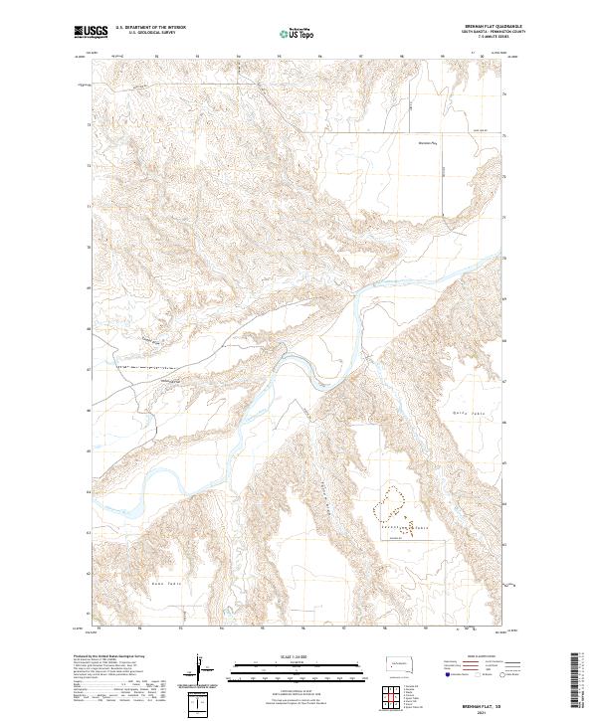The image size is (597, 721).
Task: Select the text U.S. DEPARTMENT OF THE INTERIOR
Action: tap(150, 28)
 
